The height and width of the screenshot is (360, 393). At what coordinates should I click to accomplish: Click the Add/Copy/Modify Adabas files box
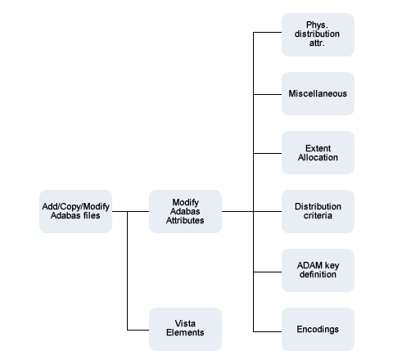tap(75, 211)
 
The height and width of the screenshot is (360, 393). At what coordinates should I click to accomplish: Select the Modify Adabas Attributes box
tap(185, 211)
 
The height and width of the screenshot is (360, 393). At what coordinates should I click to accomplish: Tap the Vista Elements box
tap(185, 329)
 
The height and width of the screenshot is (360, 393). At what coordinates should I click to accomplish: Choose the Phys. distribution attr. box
tap(318, 34)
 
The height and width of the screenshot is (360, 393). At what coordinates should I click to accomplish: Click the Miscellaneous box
tap(318, 93)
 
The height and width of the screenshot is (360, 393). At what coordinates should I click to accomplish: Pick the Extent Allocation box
tap(318, 152)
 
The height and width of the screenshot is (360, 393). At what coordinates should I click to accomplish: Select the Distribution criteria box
tap(318, 211)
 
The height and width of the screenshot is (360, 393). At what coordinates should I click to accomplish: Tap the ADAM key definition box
tap(318, 270)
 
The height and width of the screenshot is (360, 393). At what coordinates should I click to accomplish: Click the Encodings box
tap(318, 329)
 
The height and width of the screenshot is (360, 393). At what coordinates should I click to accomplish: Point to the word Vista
tap(185, 323)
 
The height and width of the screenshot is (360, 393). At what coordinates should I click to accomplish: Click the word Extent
tap(318, 148)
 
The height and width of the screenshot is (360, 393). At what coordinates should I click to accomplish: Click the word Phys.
tap(317, 25)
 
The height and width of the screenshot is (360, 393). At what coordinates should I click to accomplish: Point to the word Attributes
tap(185, 220)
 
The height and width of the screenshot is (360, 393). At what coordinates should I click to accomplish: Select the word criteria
tap(318, 215)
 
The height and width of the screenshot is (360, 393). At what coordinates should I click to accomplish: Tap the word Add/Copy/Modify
tap(75, 206)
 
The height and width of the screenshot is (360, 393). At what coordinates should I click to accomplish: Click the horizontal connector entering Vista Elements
tap(138, 330)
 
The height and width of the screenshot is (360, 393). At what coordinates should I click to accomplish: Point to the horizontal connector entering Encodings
tap(268, 331)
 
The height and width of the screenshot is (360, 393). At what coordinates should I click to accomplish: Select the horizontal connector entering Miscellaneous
tap(268, 94)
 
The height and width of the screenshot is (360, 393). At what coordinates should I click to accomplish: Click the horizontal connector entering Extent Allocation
tap(268, 153)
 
